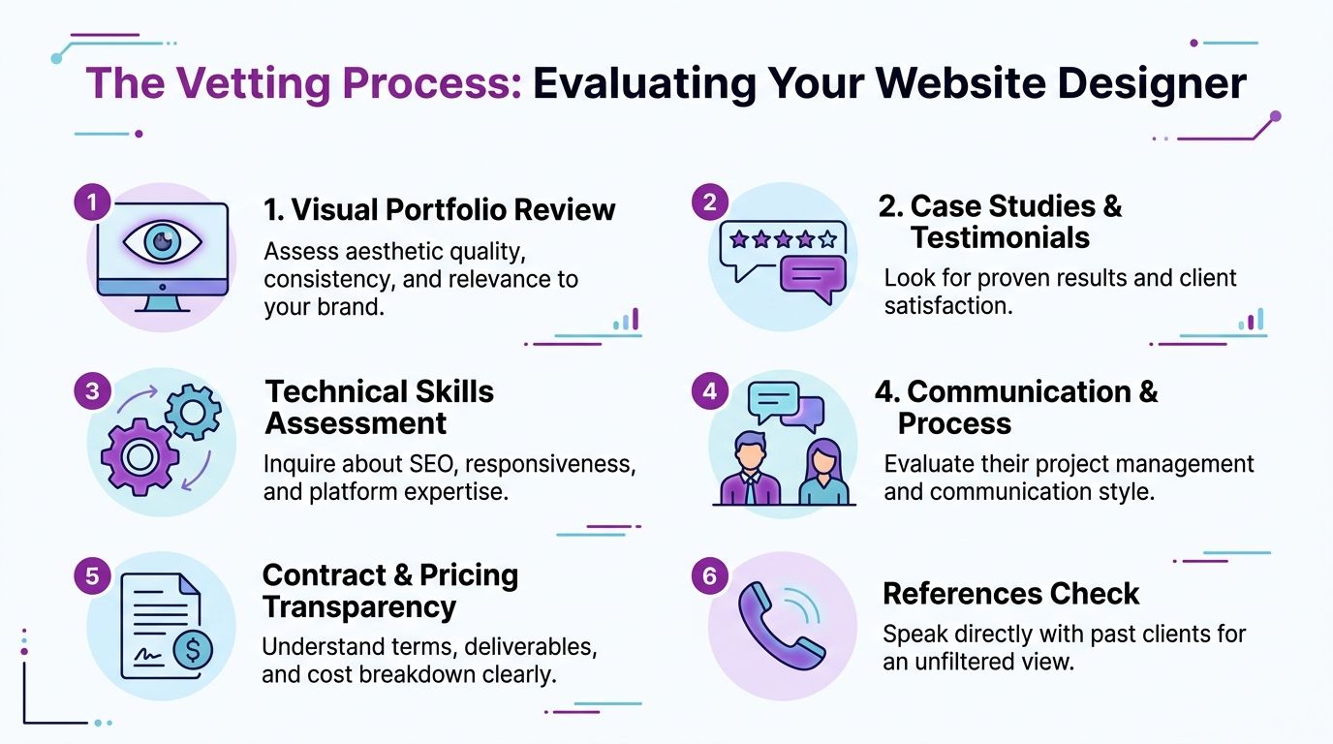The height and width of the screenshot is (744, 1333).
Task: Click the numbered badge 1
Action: click(91, 202)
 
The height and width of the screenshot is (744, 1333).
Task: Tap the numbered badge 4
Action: click(710, 391)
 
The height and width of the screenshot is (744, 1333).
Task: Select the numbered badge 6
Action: click(710, 576)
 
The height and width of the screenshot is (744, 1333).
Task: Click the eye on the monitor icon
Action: click(163, 243)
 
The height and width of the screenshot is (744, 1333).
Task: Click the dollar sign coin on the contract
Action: click(192, 648)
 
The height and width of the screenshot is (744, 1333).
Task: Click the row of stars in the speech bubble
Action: click(783, 238)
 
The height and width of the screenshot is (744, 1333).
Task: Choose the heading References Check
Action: click(1010, 593)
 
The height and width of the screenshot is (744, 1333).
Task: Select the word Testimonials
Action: click(1000, 237)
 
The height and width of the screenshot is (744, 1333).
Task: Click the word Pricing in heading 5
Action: click(470, 574)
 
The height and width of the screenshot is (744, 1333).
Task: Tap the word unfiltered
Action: click(977, 663)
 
